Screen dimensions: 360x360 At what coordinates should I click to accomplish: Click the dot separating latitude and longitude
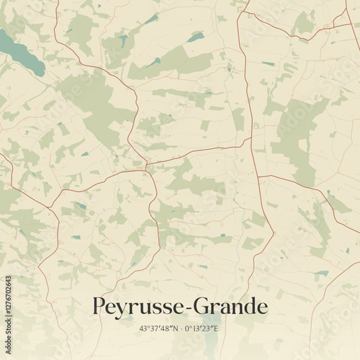click(179, 329)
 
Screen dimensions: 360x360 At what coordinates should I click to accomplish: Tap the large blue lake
click(22, 52)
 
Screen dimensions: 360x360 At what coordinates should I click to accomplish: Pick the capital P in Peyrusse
click(100, 306)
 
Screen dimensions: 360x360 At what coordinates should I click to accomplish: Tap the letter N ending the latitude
click(174, 329)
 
